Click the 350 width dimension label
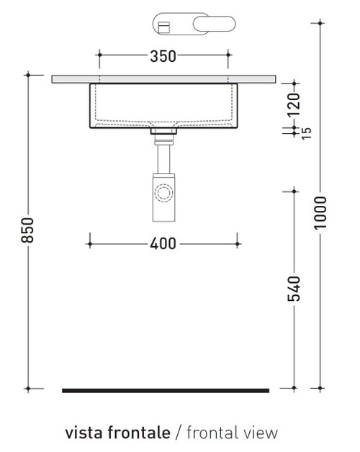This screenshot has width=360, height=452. (163, 56)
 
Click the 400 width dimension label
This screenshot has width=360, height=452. (163, 244)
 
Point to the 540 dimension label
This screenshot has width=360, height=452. (292, 288)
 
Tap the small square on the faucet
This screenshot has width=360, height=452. (163, 27)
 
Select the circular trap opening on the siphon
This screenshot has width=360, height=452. (164, 194)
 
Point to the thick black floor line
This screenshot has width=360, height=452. (165, 390)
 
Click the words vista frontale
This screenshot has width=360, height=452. (117, 433)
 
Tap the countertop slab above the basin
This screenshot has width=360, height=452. (165, 78)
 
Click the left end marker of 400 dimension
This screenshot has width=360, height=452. (89, 244)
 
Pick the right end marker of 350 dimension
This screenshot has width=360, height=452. (228, 55)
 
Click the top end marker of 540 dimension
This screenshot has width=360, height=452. (292, 191)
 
